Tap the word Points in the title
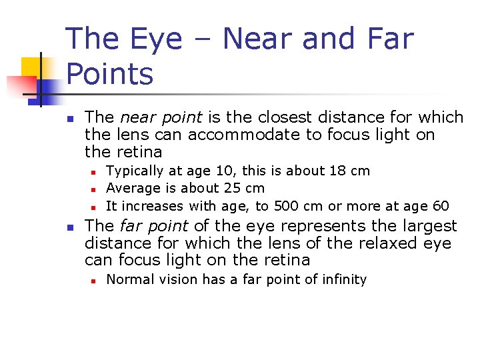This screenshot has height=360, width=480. pyautogui.click(x=109, y=74)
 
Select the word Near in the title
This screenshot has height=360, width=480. pyautogui.click(x=258, y=39)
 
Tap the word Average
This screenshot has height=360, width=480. pyautogui.click(x=131, y=189)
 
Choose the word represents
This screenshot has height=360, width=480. pyautogui.click(x=297, y=226)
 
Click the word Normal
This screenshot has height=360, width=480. pyautogui.click(x=129, y=280)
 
